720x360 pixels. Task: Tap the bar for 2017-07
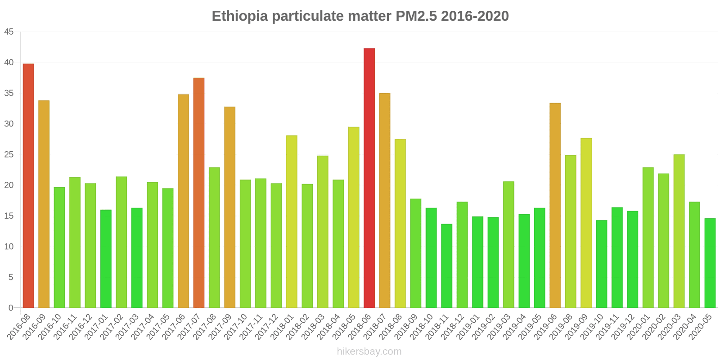[x=199, y=193]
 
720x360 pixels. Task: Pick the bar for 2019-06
[x=555, y=206]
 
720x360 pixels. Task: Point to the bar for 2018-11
[x=446, y=266]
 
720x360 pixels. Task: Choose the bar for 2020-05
[x=710, y=263]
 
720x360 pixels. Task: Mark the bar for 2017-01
[x=106, y=259]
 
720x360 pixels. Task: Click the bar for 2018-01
[x=292, y=222]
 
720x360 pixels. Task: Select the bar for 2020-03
[x=679, y=231]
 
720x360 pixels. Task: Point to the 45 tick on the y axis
[x=9, y=32]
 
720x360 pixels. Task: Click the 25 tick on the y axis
[x=9, y=155]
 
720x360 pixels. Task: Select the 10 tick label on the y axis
[x=9, y=247]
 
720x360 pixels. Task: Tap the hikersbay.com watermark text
[x=369, y=351]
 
